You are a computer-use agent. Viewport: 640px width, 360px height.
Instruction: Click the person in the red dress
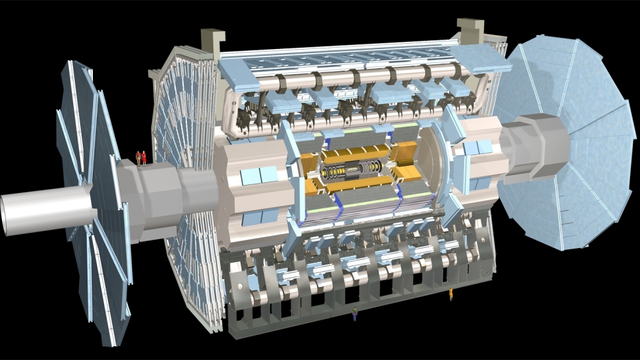(x=144, y=157)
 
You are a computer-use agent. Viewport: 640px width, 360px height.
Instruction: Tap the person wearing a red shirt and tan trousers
(x=138, y=157)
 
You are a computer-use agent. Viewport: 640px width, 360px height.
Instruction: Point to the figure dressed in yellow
(x=451, y=294)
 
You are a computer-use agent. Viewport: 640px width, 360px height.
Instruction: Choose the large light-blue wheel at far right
(x=577, y=139)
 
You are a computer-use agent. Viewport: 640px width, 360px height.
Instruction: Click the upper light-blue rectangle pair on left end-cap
(x=259, y=175)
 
